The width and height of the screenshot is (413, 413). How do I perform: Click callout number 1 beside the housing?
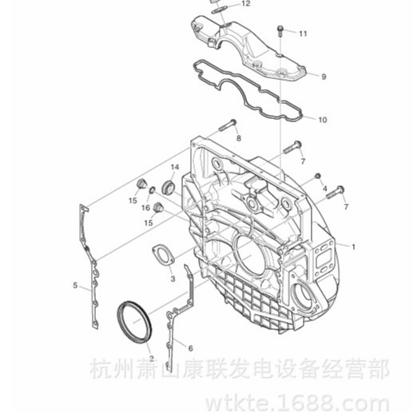click(x=353, y=247)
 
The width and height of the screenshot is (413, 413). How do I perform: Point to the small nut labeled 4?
click(x=317, y=176)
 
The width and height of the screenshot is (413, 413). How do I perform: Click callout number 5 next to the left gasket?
click(x=75, y=285)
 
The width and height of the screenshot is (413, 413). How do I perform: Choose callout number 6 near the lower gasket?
click(x=190, y=348)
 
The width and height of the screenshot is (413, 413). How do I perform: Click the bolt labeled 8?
click(x=228, y=125)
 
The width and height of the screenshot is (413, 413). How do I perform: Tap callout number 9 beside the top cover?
click(x=324, y=77)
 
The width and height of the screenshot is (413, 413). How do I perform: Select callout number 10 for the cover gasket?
click(x=323, y=120)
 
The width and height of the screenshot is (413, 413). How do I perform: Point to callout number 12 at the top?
click(x=246, y=3)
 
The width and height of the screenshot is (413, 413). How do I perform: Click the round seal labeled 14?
click(x=169, y=186)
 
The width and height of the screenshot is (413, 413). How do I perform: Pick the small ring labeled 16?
click(x=153, y=190)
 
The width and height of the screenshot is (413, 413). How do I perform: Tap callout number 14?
click(x=175, y=167)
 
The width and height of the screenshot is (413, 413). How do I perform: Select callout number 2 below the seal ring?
click(x=152, y=359)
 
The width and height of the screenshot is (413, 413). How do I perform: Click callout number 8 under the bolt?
click(x=239, y=138)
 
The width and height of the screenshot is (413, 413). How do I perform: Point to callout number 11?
click(x=303, y=34)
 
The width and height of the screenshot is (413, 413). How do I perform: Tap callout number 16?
click(x=145, y=208)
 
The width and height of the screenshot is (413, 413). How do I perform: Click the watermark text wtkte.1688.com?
click(x=298, y=404)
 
